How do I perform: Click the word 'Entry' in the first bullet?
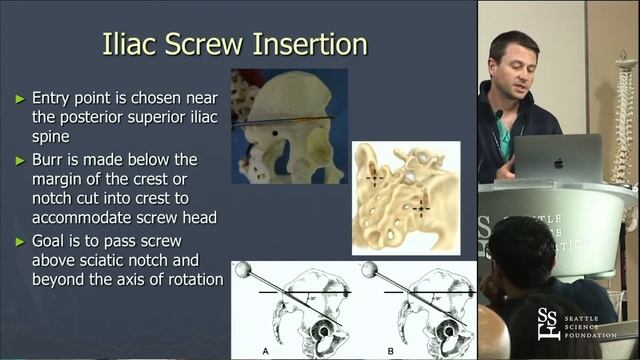[x=53, y=99]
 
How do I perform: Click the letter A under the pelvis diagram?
[x=264, y=352]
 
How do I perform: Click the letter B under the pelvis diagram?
[x=389, y=352]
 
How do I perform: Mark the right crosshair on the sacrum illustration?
[x=421, y=206]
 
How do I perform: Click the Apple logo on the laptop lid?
[x=556, y=158]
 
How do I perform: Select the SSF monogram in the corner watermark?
[x=549, y=322]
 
